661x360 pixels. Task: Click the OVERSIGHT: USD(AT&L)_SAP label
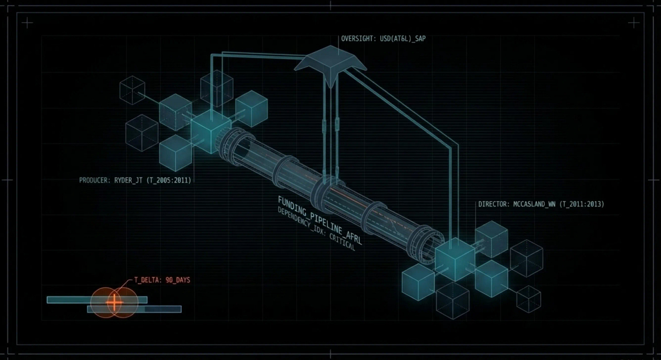click(x=384, y=39)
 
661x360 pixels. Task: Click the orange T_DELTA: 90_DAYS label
click(x=162, y=280)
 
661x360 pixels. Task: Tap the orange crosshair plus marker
click(x=114, y=301)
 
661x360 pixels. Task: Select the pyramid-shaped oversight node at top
click(x=330, y=64)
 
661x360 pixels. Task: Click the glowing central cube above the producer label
click(x=211, y=130)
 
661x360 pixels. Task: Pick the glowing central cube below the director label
click(x=454, y=259)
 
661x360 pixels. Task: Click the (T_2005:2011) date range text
click(x=169, y=180)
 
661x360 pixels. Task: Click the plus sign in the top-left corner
click(x=27, y=23)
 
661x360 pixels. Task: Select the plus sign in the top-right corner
click(x=634, y=23)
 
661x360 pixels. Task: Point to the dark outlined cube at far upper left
click(x=132, y=89)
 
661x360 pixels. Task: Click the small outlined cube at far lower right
click(x=528, y=299)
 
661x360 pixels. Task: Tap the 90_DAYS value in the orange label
click(x=178, y=280)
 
